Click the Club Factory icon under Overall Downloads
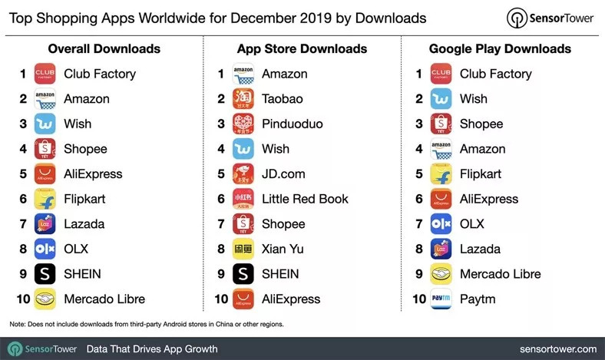[x=46, y=74]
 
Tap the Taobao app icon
[x=244, y=99]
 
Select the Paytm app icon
[x=441, y=299]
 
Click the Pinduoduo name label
[x=292, y=124]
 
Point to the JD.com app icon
[x=244, y=173]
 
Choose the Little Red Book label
[x=305, y=199]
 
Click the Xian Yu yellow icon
[x=244, y=249]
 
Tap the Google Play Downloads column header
[x=500, y=49]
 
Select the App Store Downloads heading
[x=301, y=49]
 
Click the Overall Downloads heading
[x=104, y=49]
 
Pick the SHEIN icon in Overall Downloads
[x=46, y=274]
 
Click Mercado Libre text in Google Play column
[x=500, y=274]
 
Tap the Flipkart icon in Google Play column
[x=441, y=174]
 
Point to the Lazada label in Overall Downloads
[x=84, y=224]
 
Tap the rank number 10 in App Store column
[x=221, y=299]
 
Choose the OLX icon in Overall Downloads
[x=46, y=249]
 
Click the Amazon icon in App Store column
[x=244, y=74]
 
